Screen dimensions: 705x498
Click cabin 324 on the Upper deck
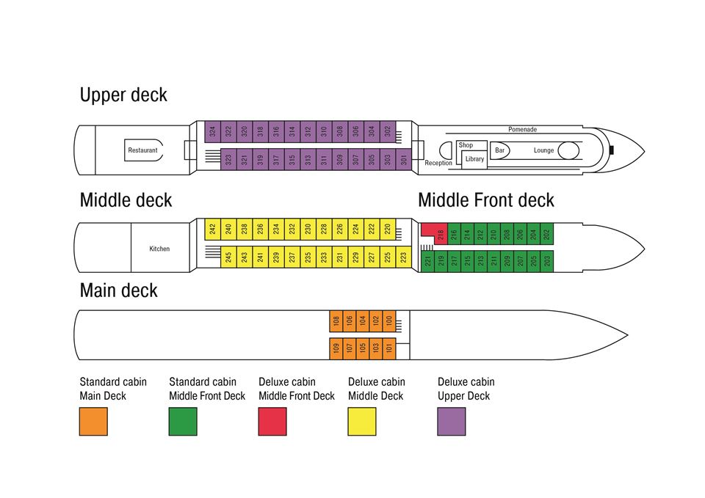coord(213,131)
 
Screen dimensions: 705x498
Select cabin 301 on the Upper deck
coord(404,159)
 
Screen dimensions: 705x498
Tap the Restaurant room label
coord(143,150)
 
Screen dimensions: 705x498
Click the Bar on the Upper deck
coord(499,150)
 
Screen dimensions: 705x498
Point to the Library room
coord(474,159)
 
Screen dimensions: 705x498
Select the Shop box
coord(472,145)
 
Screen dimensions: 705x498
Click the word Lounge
coord(543,150)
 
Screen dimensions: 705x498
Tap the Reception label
coord(438,163)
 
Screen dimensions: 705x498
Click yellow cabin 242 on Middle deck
coord(213,229)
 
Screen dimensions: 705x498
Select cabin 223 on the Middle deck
coord(404,257)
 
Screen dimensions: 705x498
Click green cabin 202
coord(546,233)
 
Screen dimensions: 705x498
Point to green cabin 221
coord(427,261)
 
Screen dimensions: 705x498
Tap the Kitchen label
coord(159,249)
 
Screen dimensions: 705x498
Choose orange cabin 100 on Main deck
coord(389,321)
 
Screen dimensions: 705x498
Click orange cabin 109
coord(336,348)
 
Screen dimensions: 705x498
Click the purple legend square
coord(452,421)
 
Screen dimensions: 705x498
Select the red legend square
coord(272,421)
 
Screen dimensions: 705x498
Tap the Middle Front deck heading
coord(486,200)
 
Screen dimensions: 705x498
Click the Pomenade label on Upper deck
coord(522,129)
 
